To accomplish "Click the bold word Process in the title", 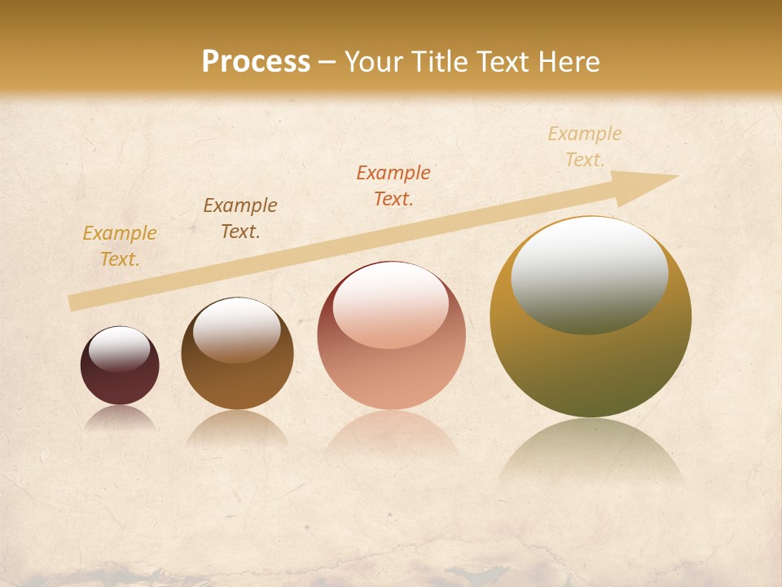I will click(256, 62).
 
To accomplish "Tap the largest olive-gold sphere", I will click(591, 367).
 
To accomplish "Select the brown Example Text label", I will click(240, 218).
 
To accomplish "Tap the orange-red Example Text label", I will click(393, 186).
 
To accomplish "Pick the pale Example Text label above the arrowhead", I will click(585, 147).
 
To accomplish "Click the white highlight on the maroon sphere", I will click(120, 349).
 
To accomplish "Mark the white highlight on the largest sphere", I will click(590, 276).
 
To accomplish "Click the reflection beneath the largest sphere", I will click(591, 452).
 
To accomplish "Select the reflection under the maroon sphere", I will click(120, 417).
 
